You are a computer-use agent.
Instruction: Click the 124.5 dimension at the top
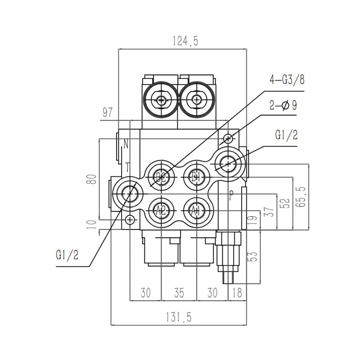click(x=185, y=41)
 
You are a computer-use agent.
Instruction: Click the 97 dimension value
click(x=107, y=112)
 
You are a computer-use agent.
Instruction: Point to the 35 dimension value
click(x=179, y=293)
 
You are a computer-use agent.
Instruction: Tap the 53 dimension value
click(x=253, y=256)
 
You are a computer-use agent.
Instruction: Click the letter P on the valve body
click(x=231, y=195)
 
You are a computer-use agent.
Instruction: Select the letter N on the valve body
click(x=126, y=145)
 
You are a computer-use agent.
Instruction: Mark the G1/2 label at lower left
click(x=67, y=255)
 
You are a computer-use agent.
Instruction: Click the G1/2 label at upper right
click(x=285, y=135)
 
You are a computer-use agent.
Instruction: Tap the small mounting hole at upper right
click(x=229, y=138)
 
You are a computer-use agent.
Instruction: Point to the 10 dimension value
click(x=93, y=224)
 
